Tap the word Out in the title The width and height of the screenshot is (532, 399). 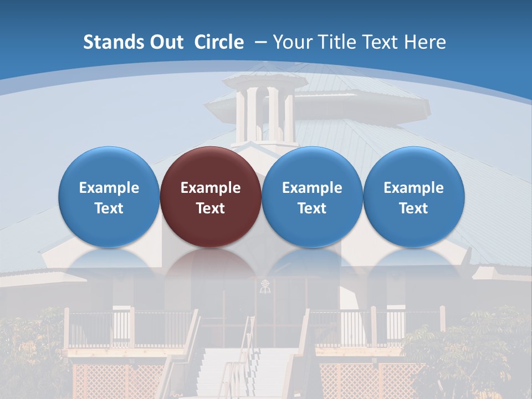click(x=165, y=42)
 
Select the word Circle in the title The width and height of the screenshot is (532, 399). click(x=219, y=42)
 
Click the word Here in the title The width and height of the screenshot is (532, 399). click(x=425, y=42)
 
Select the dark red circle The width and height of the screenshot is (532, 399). click(x=211, y=196)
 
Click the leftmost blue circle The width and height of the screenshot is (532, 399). click(x=109, y=196)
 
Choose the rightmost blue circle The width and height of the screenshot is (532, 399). click(x=413, y=196)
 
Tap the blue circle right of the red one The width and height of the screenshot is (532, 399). click(x=312, y=196)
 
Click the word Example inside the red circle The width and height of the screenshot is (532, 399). click(x=211, y=188)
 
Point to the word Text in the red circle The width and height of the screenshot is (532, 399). click(x=211, y=208)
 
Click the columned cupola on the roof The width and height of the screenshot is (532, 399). click(x=265, y=111)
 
